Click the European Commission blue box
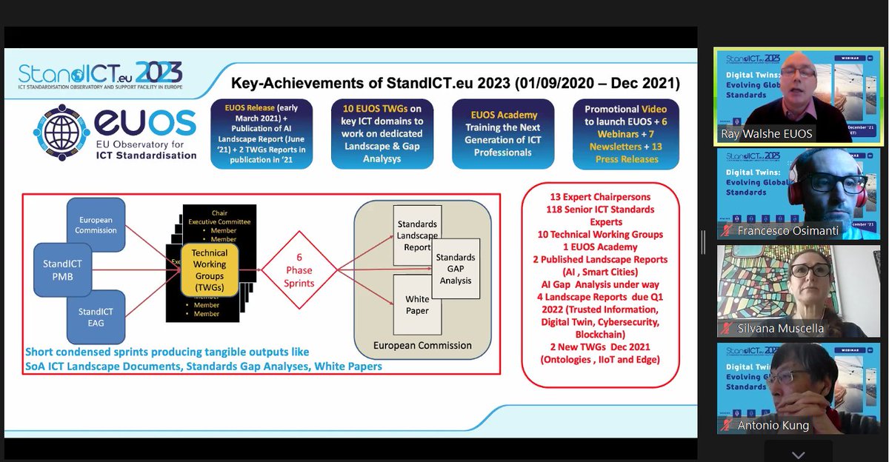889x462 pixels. tap(96, 225)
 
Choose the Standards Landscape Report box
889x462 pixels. tap(416, 235)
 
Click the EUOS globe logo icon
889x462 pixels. tap(62, 133)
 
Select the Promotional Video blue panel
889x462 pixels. tap(625, 134)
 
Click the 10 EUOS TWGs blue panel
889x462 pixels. tap(382, 134)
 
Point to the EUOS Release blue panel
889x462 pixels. tap(261, 134)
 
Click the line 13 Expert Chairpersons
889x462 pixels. tap(600, 197)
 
